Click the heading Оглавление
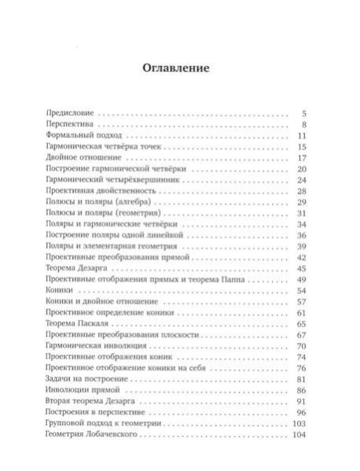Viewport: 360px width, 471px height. [175, 68]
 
